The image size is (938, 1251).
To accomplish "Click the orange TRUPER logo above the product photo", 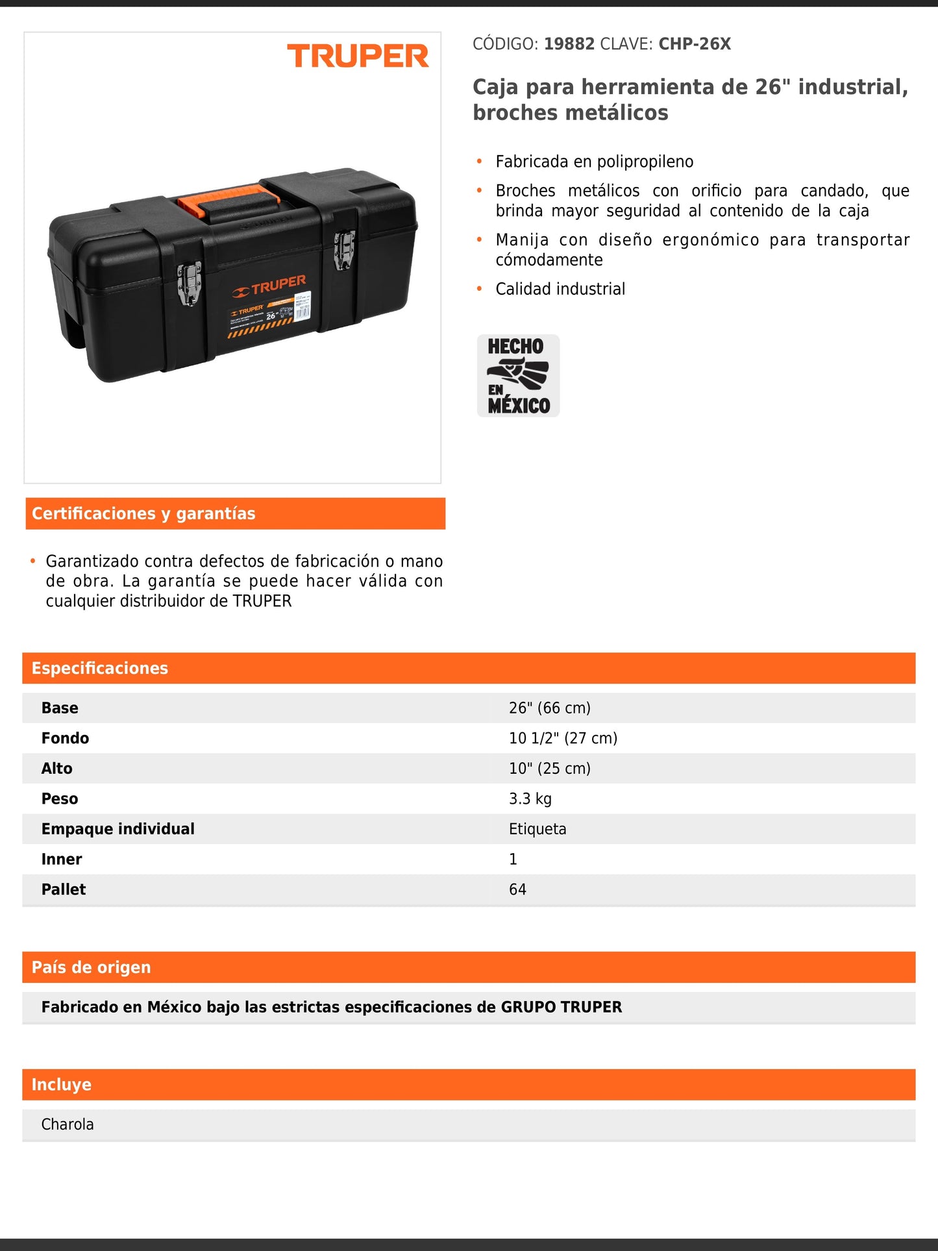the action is click(x=358, y=56).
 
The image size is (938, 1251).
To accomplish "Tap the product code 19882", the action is click(x=569, y=44).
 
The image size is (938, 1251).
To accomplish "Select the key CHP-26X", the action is click(x=695, y=44).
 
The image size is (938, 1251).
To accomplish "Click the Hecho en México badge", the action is click(x=518, y=375).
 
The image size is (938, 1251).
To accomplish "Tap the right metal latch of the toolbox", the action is click(x=344, y=249).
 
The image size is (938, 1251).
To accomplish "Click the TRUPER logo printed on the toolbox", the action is click(x=269, y=286).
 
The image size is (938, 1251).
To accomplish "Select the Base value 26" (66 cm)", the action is click(x=549, y=708).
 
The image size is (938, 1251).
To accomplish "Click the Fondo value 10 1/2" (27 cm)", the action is click(x=563, y=738).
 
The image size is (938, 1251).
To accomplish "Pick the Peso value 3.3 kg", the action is click(x=530, y=799).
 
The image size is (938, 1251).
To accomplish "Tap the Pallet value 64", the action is click(x=517, y=889).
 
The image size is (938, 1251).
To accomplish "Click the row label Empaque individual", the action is click(x=117, y=829).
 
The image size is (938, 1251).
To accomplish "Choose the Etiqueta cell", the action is click(x=537, y=829).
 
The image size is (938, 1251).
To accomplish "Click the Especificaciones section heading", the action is click(x=100, y=668).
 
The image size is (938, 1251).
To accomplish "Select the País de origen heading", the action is click(x=91, y=967).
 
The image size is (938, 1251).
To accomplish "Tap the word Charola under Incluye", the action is click(x=68, y=1124).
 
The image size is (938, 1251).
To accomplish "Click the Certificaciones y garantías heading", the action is click(x=143, y=514).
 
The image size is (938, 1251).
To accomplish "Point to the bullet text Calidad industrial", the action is click(x=560, y=289).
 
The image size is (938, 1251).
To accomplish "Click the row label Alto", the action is click(x=57, y=769).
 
